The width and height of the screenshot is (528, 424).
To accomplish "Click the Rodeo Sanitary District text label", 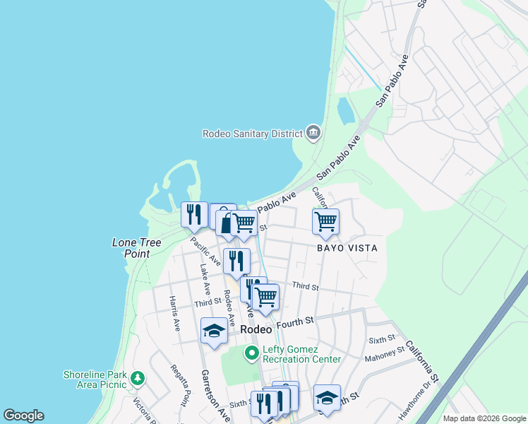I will point(252,133).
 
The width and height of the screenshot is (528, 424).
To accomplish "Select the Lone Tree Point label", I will point(136,247).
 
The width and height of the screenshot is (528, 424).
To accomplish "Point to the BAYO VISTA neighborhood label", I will point(347,248).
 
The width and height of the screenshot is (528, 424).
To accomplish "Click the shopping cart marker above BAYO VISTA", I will point(325,221).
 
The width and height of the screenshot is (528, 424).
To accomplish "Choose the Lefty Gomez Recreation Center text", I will point(301,354).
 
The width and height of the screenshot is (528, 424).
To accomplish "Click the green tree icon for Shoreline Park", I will point(138,379).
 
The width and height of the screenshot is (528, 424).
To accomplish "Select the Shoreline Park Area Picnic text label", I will point(95,379).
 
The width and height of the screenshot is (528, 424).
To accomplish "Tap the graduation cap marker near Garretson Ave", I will point(214,331).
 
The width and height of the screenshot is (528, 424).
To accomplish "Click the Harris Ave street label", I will point(174,314).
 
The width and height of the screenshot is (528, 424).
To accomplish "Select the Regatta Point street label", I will point(179,385).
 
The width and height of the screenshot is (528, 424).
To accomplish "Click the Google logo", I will point(23,416).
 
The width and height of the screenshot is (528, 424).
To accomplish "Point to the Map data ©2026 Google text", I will point(484,418).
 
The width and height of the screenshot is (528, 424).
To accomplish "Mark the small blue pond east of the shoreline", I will point(346,110).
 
